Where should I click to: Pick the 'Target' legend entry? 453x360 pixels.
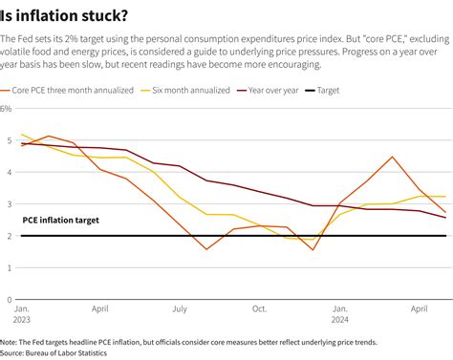pyautogui.click(x=355, y=91)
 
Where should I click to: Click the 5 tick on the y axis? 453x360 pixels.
pyautogui.click(x=8, y=140)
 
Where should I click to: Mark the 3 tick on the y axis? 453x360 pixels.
pyautogui.click(x=8, y=204)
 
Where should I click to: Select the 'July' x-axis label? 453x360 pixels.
pyautogui.click(x=179, y=309)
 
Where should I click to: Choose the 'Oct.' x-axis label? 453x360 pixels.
pyautogui.click(x=259, y=309)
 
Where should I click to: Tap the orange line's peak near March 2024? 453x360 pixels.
pyautogui.click(x=393, y=157)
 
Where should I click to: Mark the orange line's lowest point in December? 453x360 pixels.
pyautogui.click(x=313, y=250)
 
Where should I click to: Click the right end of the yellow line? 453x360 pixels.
pyautogui.click(x=445, y=197)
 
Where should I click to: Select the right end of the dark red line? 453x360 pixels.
pyautogui.click(x=445, y=218)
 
